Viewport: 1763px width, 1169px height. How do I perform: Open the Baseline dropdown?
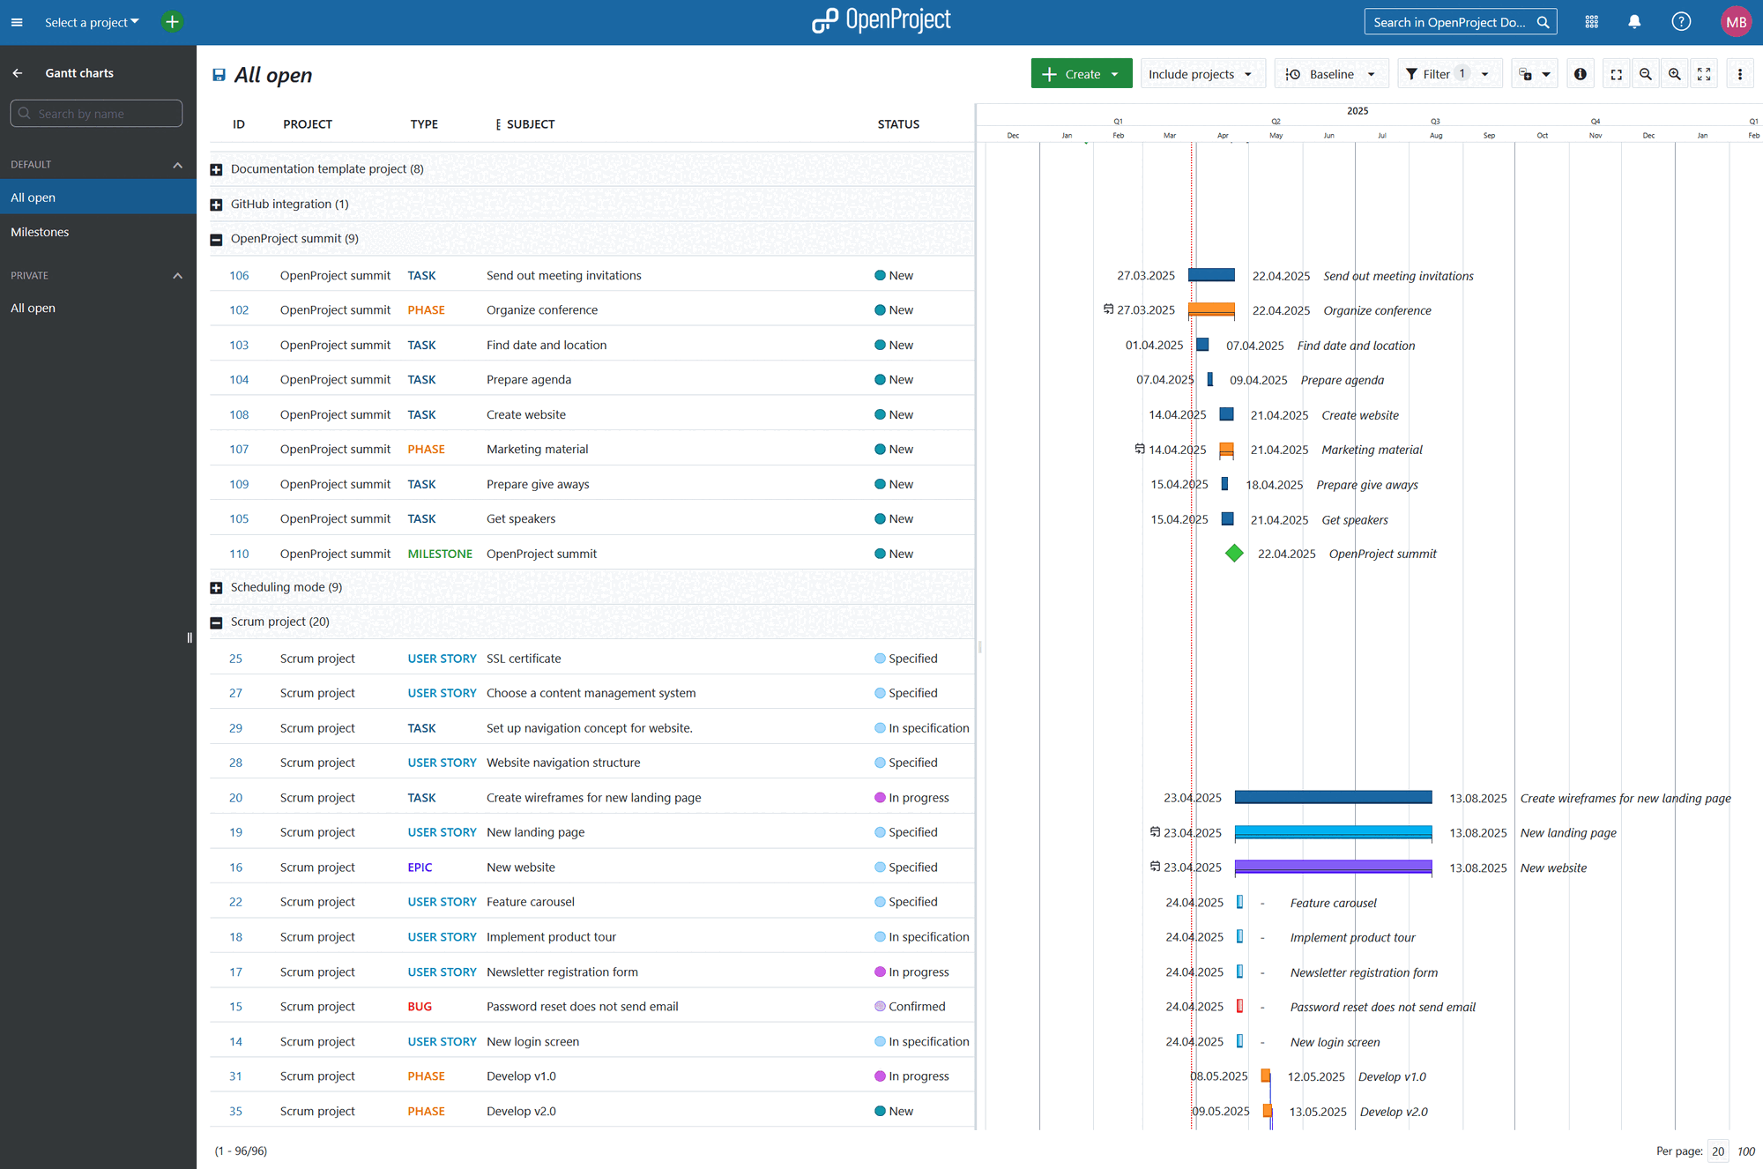(x=1331, y=74)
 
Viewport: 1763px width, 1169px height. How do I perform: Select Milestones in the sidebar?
(x=40, y=232)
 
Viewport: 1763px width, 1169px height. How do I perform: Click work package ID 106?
(x=239, y=276)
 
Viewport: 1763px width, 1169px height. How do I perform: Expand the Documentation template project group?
(x=216, y=169)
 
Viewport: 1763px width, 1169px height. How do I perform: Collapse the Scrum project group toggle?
(x=216, y=622)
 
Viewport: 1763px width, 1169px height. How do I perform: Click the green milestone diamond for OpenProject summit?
(x=1234, y=554)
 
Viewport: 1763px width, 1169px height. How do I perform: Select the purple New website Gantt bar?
(x=1333, y=867)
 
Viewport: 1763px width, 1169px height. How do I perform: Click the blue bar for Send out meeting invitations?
(x=1211, y=275)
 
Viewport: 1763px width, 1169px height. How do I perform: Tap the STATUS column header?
(x=898, y=124)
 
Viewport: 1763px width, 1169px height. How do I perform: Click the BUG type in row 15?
(x=420, y=1007)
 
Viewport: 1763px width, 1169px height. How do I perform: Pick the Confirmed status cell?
(x=916, y=1007)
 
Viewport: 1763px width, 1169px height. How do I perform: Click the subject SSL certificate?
(x=524, y=659)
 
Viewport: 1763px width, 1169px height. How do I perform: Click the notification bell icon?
(x=1634, y=22)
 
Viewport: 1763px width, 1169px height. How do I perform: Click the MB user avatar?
(x=1736, y=22)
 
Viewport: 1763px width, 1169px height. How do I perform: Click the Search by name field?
(x=97, y=114)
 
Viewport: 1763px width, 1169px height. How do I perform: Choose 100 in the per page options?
(x=1746, y=1151)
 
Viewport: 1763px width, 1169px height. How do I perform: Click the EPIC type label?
(x=420, y=867)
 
